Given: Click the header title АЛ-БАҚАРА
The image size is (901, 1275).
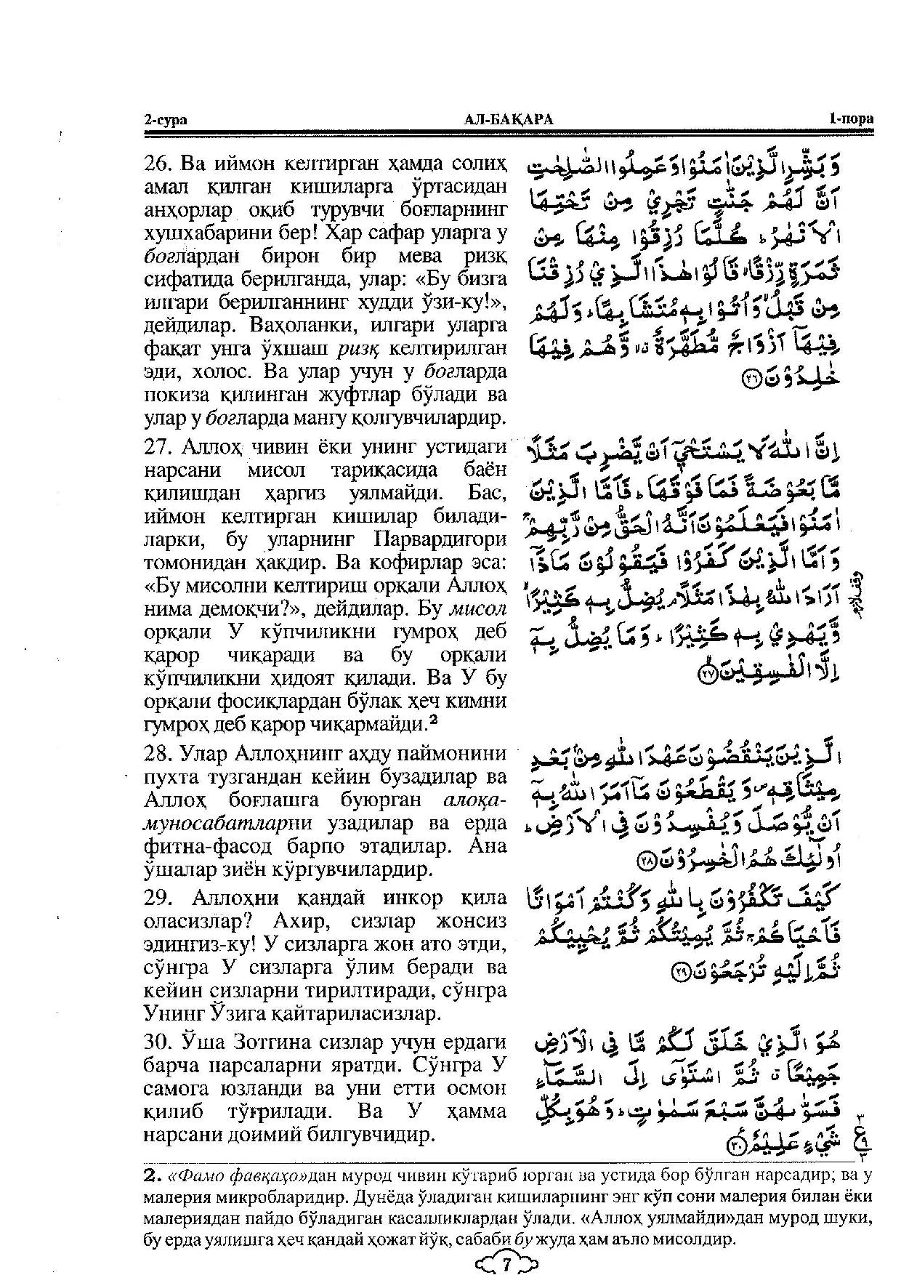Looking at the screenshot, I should coord(508,121).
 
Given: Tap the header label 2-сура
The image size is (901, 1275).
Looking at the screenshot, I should coord(165,121).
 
